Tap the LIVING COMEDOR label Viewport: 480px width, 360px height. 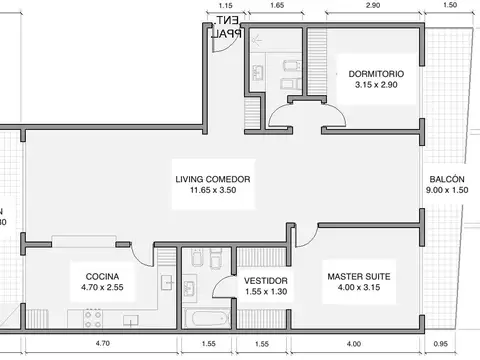click(x=212, y=180)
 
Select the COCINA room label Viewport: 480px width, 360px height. click(x=103, y=275)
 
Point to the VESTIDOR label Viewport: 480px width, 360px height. click(x=266, y=281)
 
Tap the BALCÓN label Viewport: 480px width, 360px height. click(x=446, y=179)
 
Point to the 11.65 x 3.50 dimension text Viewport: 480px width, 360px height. click(x=212, y=192)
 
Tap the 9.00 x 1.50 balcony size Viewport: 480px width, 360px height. click(x=446, y=191)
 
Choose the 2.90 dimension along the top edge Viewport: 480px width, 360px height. click(x=372, y=6)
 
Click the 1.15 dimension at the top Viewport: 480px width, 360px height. click(x=224, y=6)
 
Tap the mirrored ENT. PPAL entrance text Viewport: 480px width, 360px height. click(x=228, y=26)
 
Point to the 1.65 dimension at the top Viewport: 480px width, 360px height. click(x=277, y=6)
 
